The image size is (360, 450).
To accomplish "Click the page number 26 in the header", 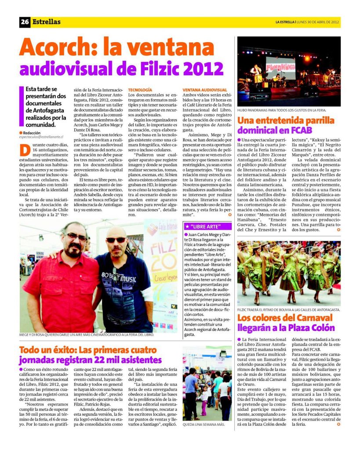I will coord(25,22).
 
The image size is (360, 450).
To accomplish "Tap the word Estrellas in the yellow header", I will coord(46,22).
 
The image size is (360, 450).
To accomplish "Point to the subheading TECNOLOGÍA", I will coord(140,90).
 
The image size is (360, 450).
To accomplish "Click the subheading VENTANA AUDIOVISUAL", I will coord(204,90).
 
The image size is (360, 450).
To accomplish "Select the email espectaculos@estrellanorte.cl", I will coord(42,137).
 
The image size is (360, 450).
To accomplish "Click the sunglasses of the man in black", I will coord(116,240).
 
